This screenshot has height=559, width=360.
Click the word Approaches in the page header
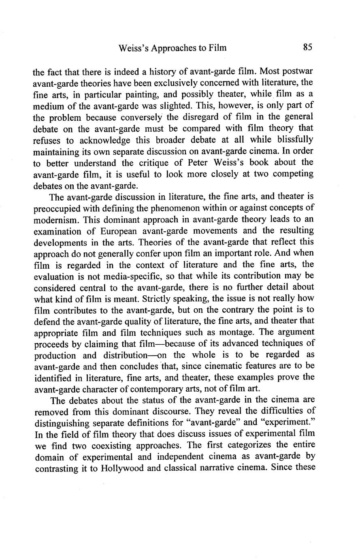click(170, 48)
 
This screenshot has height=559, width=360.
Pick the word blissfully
click(290, 140)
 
